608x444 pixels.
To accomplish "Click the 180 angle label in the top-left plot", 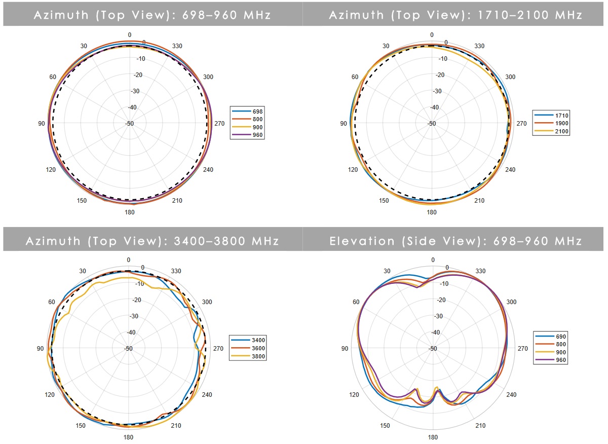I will pyautogui.click(x=130, y=212).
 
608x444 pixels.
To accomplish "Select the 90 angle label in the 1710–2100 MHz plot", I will pyautogui.click(x=343, y=124).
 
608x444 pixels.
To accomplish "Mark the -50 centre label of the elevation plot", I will pyautogui.click(x=432, y=349).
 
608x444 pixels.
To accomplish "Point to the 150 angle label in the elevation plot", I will pyautogui.click(x=385, y=426).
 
